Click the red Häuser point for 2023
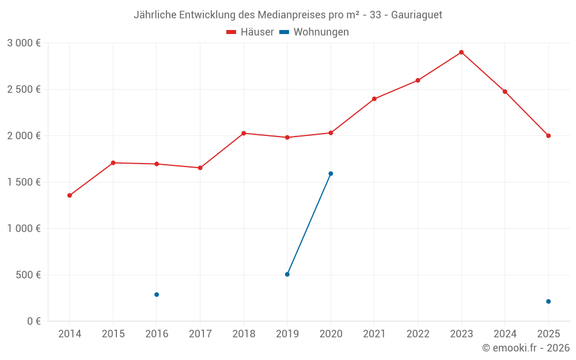[x=461, y=52]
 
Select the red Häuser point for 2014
[x=70, y=195]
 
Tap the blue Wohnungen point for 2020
[x=331, y=174]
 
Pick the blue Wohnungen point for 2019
[x=287, y=274]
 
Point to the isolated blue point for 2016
[x=157, y=294]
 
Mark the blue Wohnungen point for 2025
[x=548, y=302]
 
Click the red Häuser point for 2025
[x=548, y=136]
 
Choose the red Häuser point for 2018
[x=244, y=134]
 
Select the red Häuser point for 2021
[x=374, y=99]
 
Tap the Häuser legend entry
[x=250, y=32]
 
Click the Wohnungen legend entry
[x=314, y=32]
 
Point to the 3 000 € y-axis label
[x=24, y=43]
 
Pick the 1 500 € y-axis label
[x=24, y=182]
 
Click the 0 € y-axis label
[x=34, y=321]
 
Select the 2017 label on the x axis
[x=200, y=334]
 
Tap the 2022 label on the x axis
[x=418, y=334]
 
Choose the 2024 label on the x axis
[x=505, y=334]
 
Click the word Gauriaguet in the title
[x=416, y=15]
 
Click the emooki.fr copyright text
[x=526, y=348]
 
